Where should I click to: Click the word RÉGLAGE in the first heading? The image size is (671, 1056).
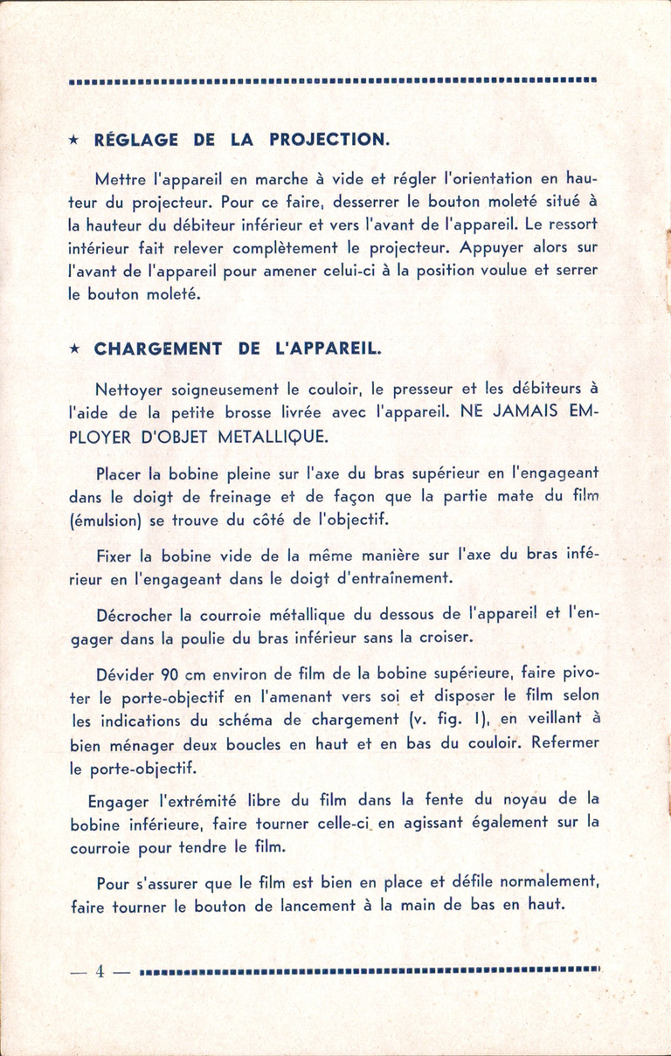coord(136,140)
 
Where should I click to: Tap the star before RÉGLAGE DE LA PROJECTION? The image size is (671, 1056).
coord(75,141)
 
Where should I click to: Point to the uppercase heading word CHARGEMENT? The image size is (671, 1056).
coord(158,349)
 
